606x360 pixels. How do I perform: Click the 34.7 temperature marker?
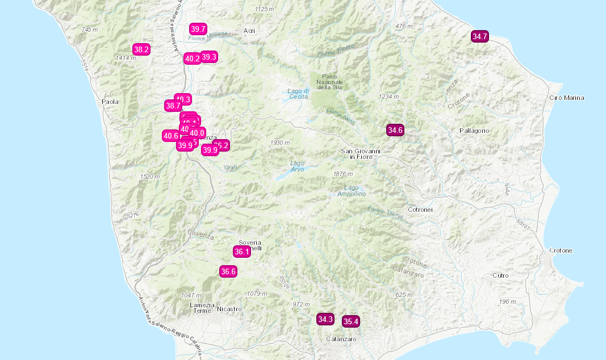coord(480,36)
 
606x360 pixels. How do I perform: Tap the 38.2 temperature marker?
coord(141,49)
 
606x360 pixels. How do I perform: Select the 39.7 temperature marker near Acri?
coord(198,29)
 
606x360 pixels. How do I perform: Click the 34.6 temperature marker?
coord(395,130)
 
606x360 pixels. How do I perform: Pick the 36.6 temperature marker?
coord(228,271)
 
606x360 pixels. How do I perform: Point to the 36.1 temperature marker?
coord(241,252)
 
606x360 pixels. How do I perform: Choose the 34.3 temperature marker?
coord(325,319)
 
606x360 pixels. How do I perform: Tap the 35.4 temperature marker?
coord(351,321)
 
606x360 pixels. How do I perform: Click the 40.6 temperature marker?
coord(171,135)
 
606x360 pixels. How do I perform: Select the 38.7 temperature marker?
coord(172,106)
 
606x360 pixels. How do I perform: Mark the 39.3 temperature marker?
coord(209,57)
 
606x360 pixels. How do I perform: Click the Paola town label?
coord(110,102)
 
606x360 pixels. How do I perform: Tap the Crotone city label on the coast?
coord(561,250)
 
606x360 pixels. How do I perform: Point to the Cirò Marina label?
coord(567,98)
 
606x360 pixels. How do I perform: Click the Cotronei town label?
coord(420,210)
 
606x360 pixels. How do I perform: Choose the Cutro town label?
coord(500,275)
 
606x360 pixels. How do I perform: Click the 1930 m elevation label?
coord(280,143)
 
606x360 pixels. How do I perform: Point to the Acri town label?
coord(249,31)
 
